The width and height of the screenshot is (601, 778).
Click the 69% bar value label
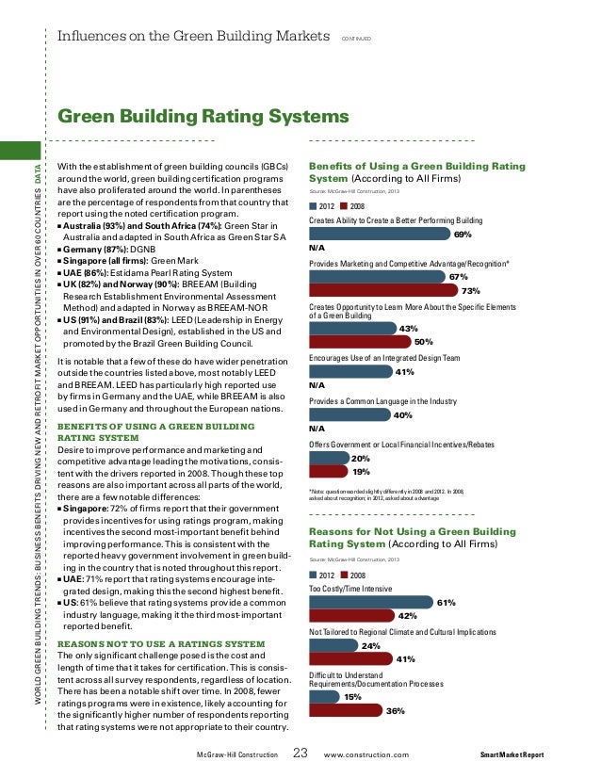463,235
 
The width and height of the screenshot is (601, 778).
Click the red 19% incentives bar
328,471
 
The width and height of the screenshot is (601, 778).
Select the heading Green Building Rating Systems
203,117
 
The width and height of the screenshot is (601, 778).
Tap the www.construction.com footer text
366,755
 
